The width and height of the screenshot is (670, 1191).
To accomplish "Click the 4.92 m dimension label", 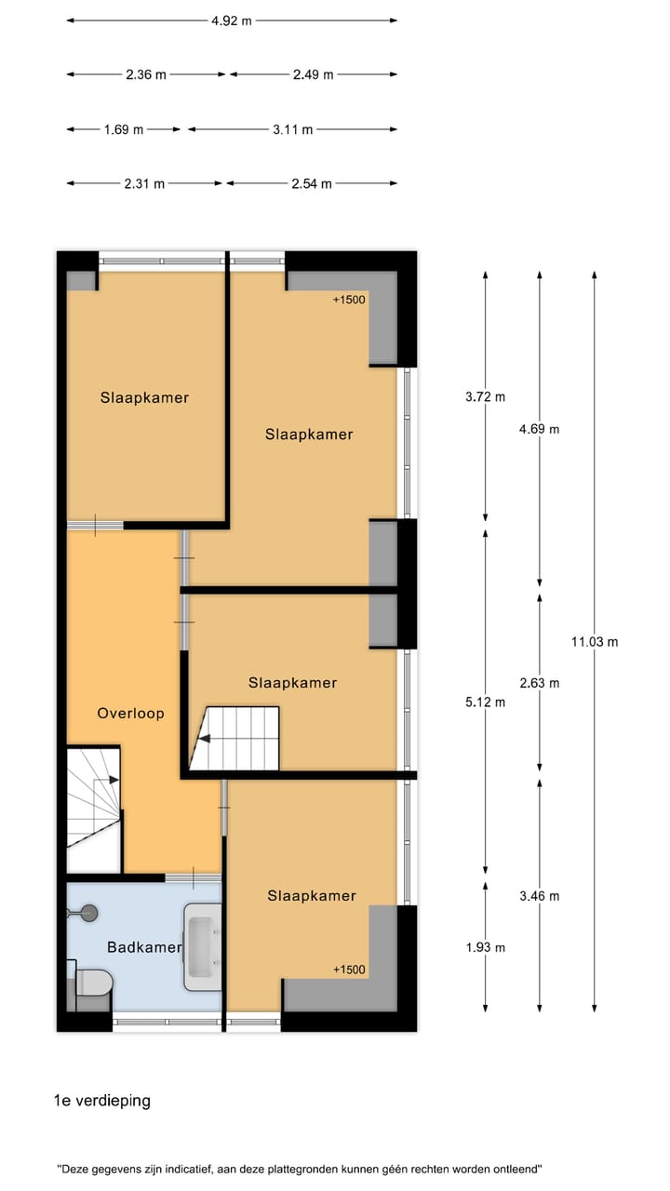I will (231, 20).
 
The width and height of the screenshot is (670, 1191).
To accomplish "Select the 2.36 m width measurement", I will (146, 74).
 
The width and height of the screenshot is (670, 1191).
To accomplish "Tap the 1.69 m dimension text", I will (124, 129).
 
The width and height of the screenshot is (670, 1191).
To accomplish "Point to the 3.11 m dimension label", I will (293, 129).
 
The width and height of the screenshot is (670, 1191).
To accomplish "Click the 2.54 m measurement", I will (312, 183).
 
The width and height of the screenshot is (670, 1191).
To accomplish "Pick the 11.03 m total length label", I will (595, 641).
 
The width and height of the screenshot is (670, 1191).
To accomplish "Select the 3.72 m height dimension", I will (485, 396).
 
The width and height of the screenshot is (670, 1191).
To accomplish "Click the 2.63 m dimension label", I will (540, 683).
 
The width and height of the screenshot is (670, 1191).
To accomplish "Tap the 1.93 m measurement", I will (485, 947).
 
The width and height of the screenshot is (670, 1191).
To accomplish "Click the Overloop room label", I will (130, 714).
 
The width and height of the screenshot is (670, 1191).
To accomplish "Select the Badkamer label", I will (143, 947).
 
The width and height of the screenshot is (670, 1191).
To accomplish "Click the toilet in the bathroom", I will (92, 981).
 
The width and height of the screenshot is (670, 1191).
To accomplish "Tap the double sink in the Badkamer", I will (202, 946).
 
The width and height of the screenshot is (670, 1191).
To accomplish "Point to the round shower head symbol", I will (89, 913).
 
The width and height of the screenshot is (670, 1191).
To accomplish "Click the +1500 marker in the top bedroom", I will (348, 299).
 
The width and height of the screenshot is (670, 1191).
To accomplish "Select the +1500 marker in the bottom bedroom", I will (349, 970).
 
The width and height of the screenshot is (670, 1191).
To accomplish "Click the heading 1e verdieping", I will (102, 1101).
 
